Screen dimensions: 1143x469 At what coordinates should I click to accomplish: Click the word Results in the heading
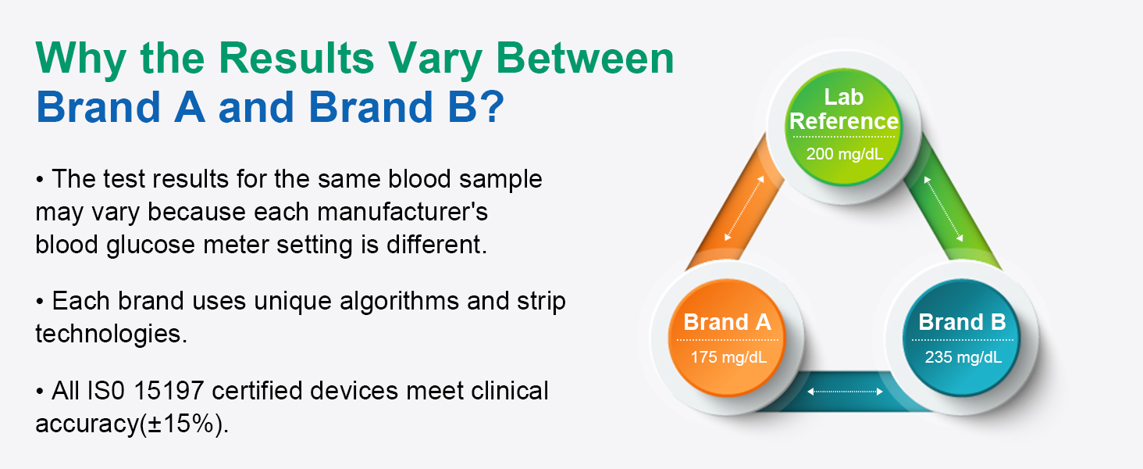pos(297,59)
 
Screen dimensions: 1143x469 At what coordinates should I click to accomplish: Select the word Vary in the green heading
pos(435,61)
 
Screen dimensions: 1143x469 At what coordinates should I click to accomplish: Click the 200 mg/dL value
pos(845,154)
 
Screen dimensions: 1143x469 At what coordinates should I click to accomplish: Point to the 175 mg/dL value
pos(728,356)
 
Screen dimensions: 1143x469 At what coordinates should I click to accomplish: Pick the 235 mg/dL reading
pos(963,356)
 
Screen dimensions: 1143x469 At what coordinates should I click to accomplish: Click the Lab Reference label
pos(844,109)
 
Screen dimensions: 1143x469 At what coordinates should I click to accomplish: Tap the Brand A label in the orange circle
pos(727,322)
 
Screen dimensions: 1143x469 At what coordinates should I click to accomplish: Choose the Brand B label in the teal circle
pos(963,322)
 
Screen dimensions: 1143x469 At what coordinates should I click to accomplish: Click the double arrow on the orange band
pos(745,208)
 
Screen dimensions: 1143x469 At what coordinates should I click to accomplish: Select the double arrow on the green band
pos(943,209)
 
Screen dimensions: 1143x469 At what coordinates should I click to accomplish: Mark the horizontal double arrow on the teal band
pos(845,392)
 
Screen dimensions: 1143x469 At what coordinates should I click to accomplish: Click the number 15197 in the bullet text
pos(169,391)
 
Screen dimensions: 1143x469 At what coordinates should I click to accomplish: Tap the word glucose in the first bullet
pos(151,245)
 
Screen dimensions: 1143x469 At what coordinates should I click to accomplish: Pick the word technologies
pos(111,334)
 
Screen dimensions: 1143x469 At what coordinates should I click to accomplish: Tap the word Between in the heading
pos(586,59)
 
